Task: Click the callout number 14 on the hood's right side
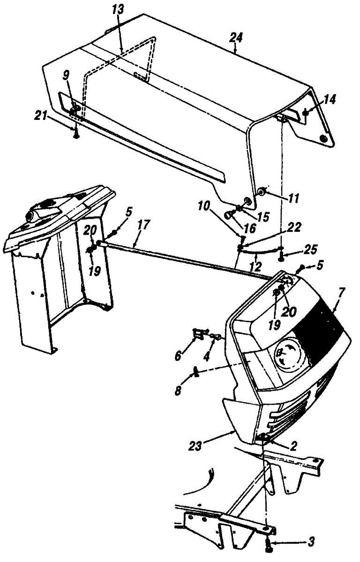[x=330, y=99]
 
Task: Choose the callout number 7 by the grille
[x=341, y=292]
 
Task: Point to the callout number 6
[x=178, y=355]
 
